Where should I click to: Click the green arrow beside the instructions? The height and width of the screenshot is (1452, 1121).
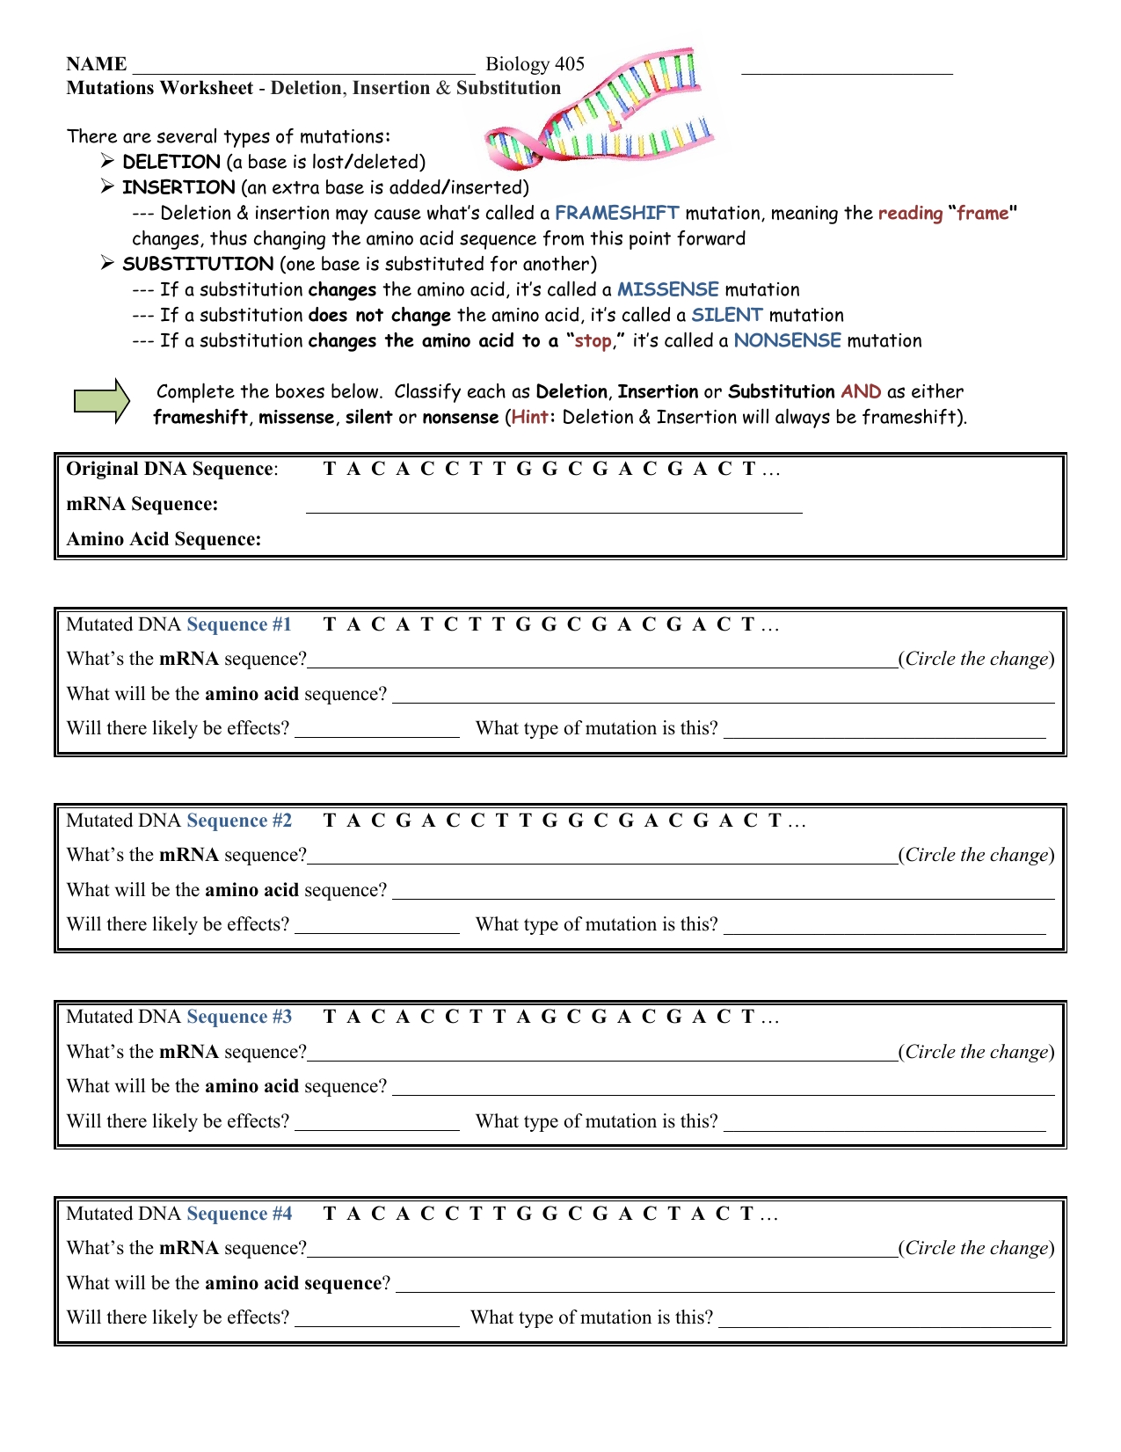[100, 402]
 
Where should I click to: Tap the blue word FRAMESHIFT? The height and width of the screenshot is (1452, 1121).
[616, 213]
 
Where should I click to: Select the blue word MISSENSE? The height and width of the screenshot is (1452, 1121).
[667, 289]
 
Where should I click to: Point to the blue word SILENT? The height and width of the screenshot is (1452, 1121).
[726, 315]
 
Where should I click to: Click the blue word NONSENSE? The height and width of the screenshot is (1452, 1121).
[787, 340]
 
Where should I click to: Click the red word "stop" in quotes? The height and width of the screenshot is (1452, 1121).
[593, 341]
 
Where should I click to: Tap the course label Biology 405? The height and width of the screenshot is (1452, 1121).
[535, 64]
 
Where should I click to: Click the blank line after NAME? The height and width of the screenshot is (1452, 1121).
[303, 66]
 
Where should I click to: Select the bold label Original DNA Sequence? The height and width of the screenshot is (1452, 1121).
[171, 469]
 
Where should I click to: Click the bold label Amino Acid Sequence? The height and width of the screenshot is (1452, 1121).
[164, 539]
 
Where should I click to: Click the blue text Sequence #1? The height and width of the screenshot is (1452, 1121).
[239, 624]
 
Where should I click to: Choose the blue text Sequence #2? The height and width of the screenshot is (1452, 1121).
[239, 821]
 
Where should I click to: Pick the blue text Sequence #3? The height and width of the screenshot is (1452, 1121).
[239, 1017]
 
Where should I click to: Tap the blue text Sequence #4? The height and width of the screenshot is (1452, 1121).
[239, 1214]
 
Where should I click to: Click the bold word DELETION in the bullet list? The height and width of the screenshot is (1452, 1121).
[171, 162]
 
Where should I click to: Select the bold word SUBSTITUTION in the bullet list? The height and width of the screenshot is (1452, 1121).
[198, 264]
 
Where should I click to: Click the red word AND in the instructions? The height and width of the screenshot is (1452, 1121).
[860, 391]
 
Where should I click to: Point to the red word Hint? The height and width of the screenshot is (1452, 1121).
[530, 417]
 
